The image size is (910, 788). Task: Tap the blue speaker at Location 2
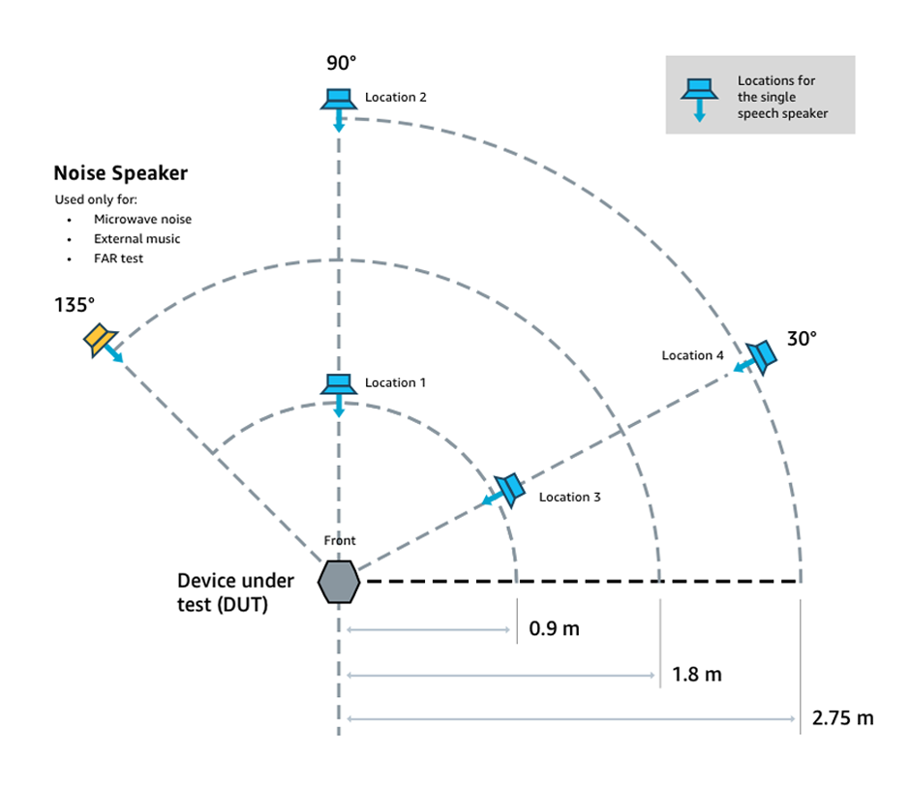click(339, 100)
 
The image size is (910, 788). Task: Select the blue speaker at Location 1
click(339, 385)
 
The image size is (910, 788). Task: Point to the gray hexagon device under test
click(339, 582)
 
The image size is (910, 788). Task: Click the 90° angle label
click(341, 63)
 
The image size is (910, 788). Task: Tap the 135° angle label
click(75, 305)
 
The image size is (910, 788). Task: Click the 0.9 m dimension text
click(554, 629)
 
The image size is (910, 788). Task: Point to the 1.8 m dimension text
click(697, 674)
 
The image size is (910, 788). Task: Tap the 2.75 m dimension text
click(842, 718)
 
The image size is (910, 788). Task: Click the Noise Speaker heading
click(120, 173)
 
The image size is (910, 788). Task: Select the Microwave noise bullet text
click(142, 220)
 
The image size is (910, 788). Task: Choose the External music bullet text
click(136, 238)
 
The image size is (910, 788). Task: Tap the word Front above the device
click(340, 540)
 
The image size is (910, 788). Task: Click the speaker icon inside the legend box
click(699, 92)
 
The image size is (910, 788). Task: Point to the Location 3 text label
click(569, 497)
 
